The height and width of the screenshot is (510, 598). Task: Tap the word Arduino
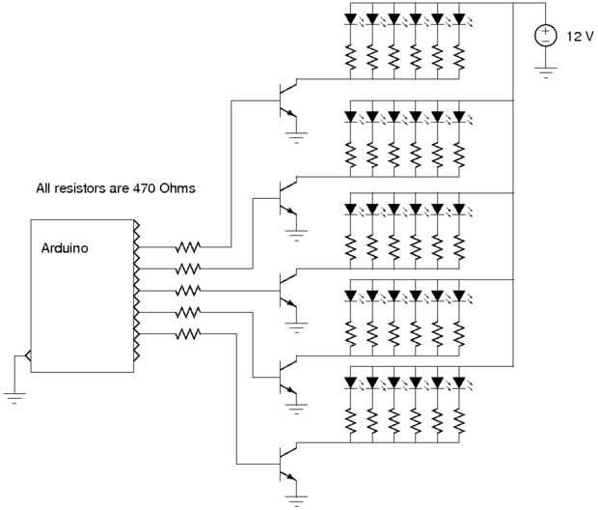[x=67, y=247]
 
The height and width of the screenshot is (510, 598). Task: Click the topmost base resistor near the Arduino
[x=188, y=248]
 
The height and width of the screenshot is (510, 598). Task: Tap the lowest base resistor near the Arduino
[x=188, y=333]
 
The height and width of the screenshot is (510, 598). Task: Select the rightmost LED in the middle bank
[x=459, y=209]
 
